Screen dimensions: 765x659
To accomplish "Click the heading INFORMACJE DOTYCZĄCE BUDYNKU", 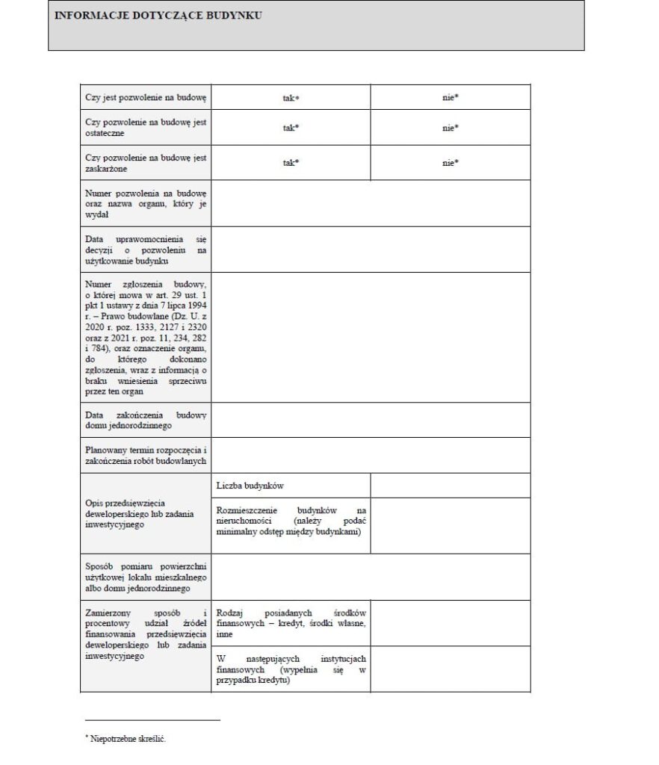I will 158,16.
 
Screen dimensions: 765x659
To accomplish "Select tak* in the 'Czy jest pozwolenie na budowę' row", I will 291,98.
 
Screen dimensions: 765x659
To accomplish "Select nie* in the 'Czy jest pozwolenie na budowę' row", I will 450,98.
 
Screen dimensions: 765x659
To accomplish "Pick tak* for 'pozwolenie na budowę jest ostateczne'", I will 291,128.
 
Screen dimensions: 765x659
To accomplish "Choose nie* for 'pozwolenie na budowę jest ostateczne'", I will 450,128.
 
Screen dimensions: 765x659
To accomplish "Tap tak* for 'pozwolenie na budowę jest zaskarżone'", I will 291,162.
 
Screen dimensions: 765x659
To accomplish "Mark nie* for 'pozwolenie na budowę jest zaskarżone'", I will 450,162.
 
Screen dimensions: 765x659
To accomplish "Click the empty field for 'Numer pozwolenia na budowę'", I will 371,203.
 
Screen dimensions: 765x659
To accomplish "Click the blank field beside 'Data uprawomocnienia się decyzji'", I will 371,250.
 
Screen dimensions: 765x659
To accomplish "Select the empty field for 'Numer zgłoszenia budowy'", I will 371,337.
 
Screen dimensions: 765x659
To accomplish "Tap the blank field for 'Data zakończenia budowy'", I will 371,420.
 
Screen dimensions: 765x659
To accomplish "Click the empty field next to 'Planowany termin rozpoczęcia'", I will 371,455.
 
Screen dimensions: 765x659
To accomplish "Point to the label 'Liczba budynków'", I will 250,486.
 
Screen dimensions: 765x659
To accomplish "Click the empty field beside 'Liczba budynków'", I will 450,486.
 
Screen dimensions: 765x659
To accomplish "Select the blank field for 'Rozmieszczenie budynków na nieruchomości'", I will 450,525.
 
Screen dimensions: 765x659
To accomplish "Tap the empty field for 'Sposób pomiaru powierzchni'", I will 371,577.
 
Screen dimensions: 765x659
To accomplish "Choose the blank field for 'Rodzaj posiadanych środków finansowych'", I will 450,623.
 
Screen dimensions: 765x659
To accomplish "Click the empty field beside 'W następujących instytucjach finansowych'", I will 450,669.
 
